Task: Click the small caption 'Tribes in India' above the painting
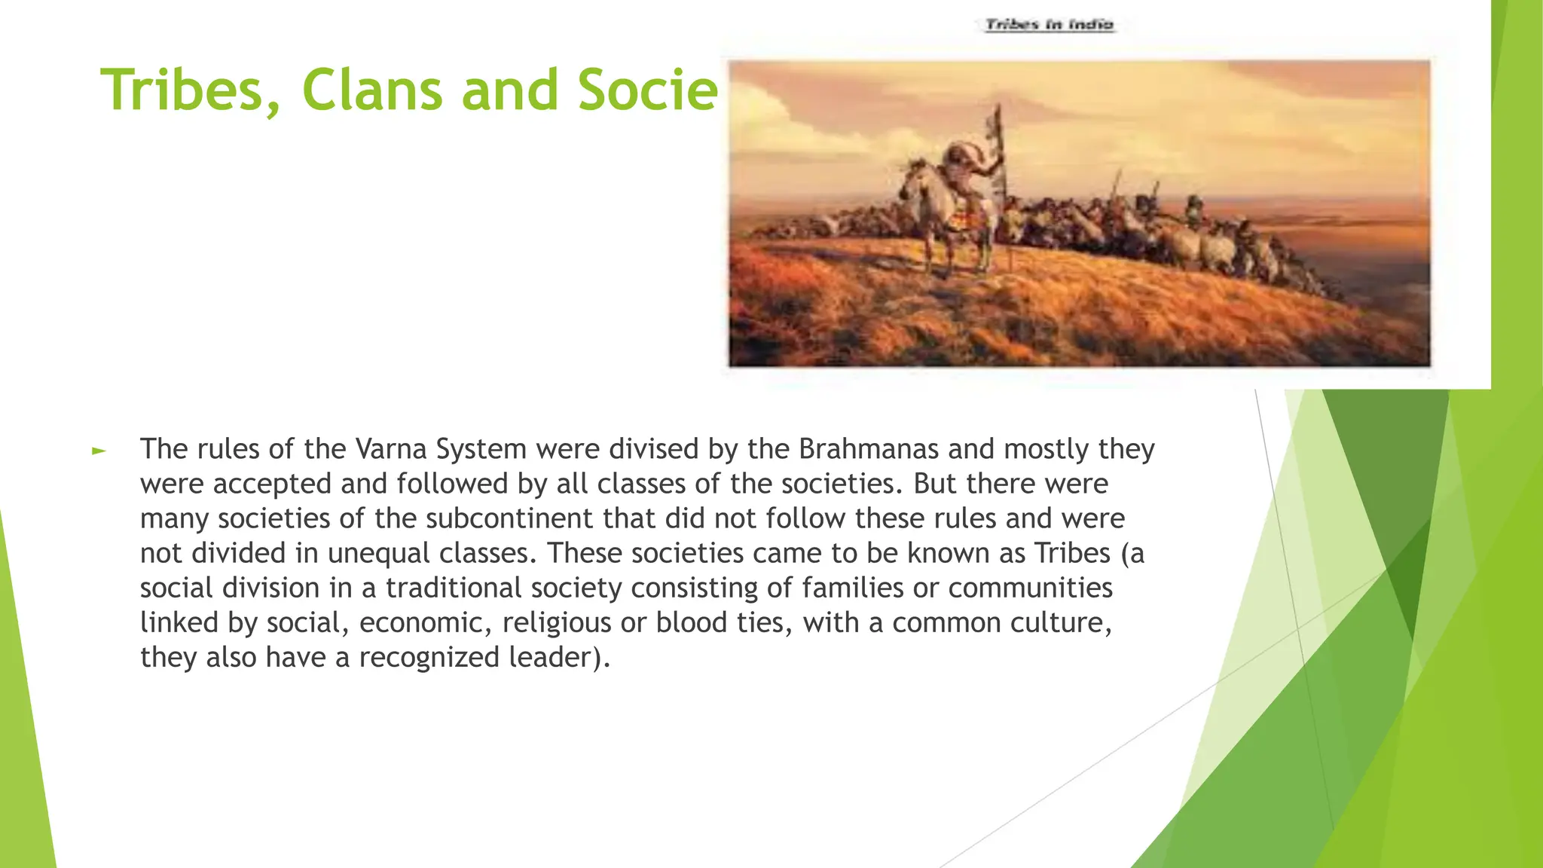coord(1050,25)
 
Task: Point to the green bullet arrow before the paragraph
coord(99,451)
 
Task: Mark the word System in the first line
coord(481,450)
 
